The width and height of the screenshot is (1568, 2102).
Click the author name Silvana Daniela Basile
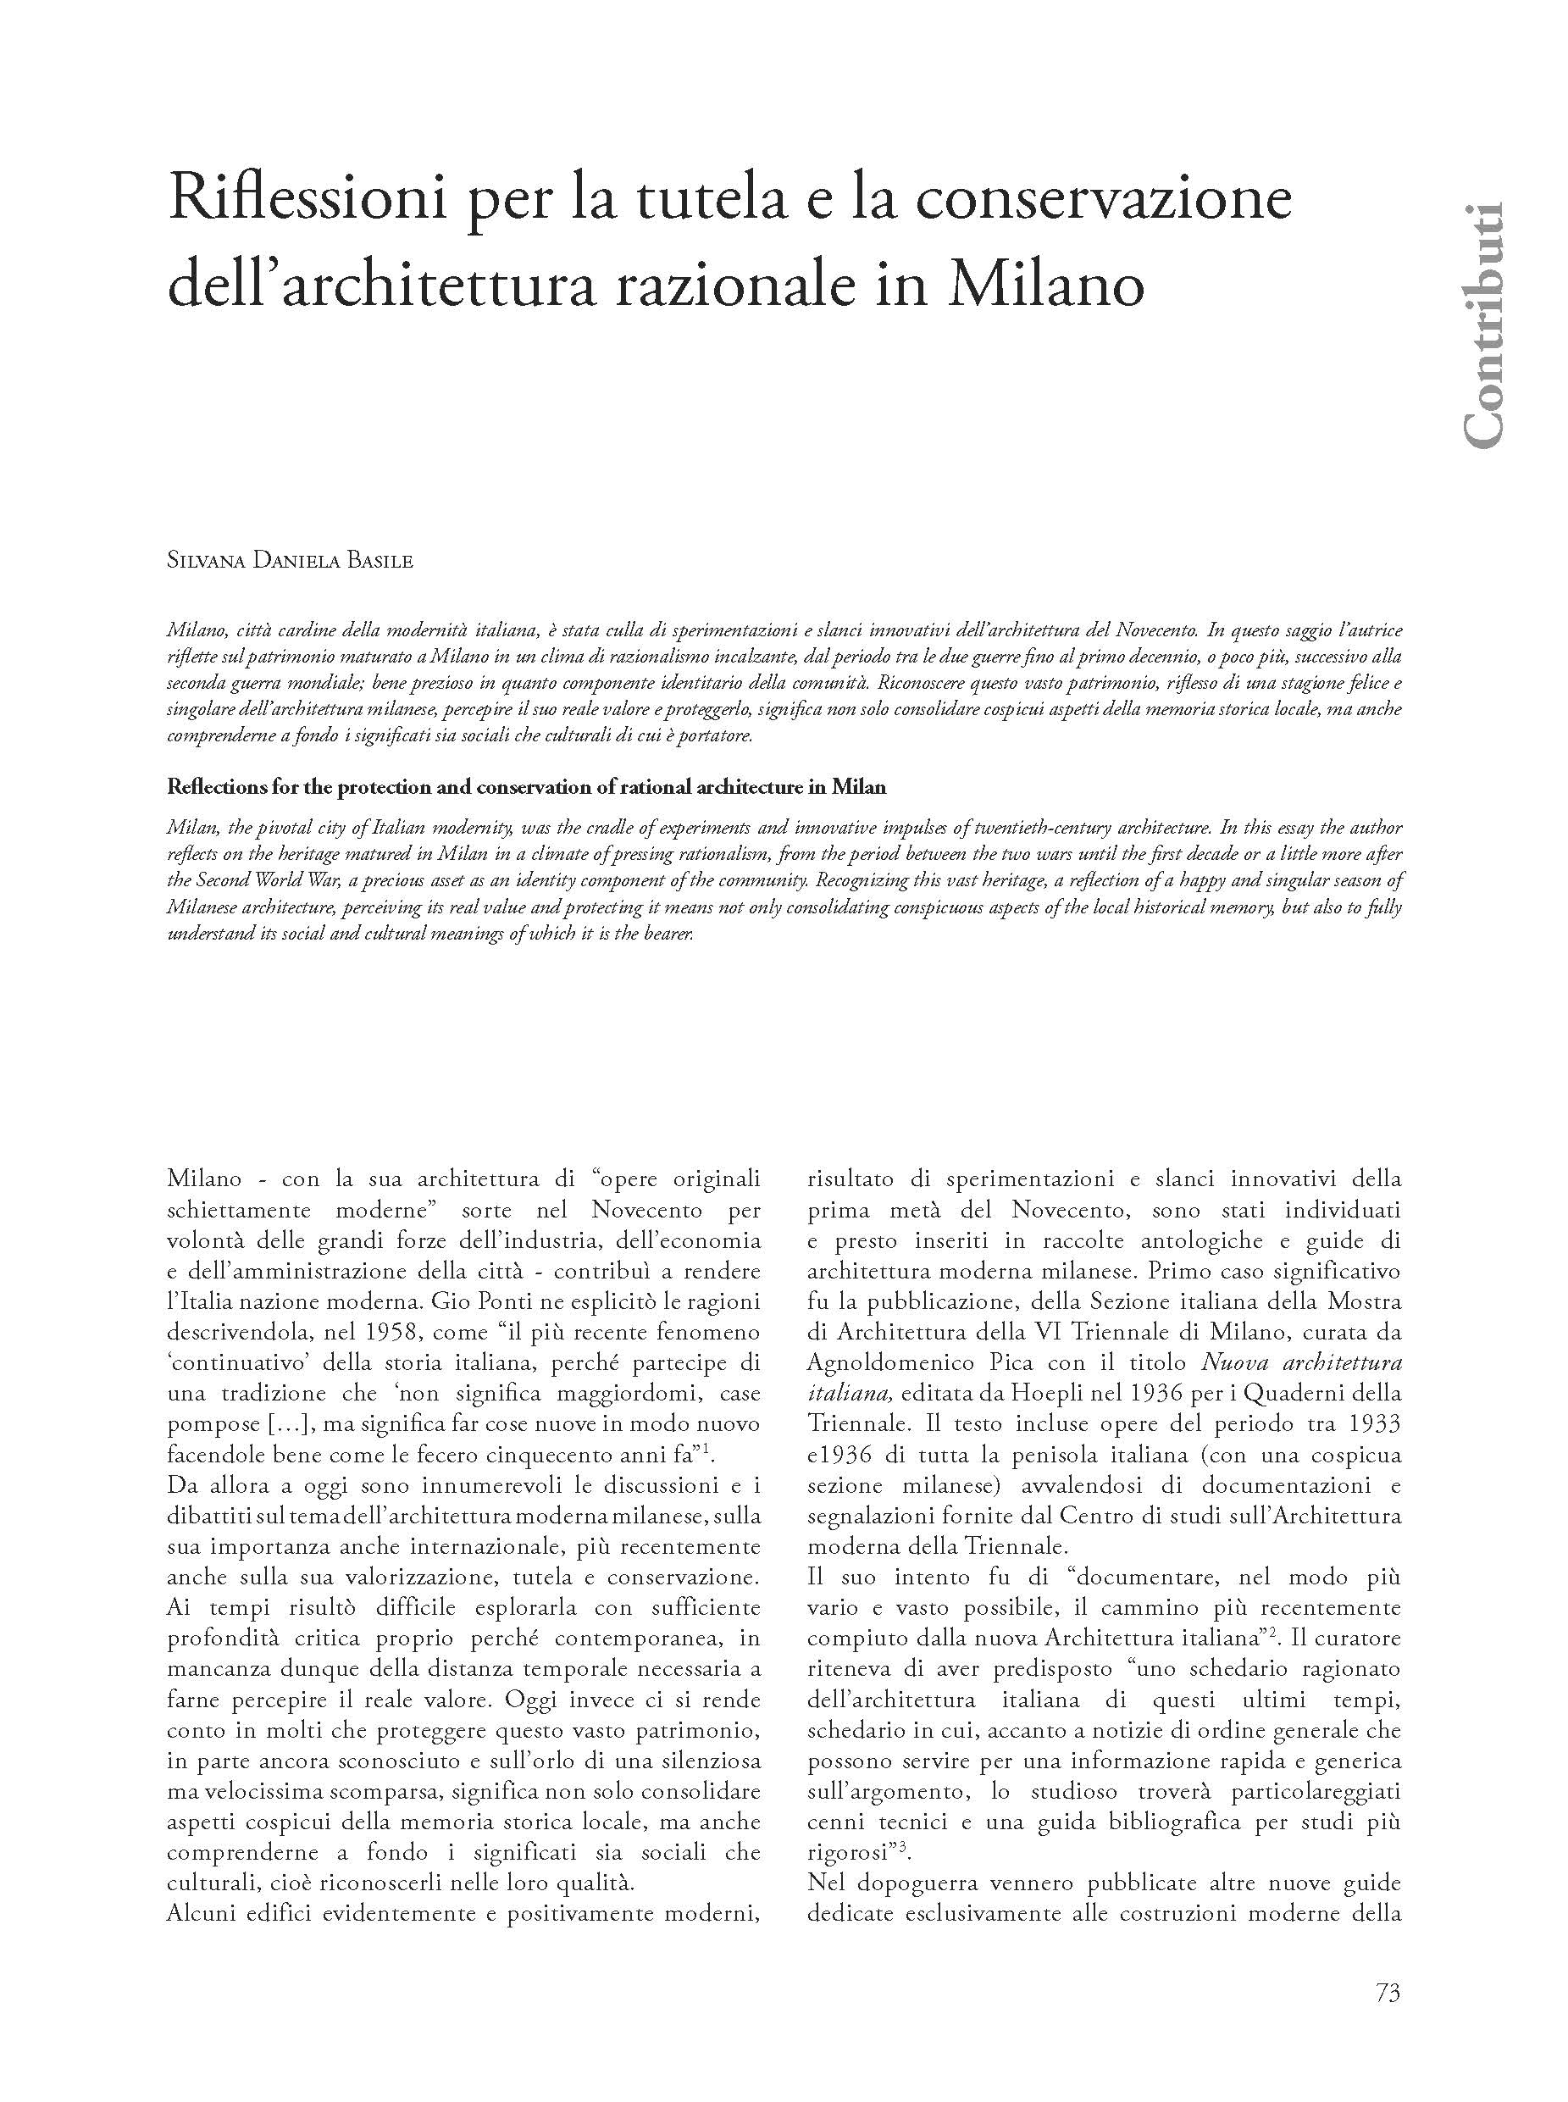tap(291, 561)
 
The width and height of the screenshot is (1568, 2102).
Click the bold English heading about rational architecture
tap(526, 787)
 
